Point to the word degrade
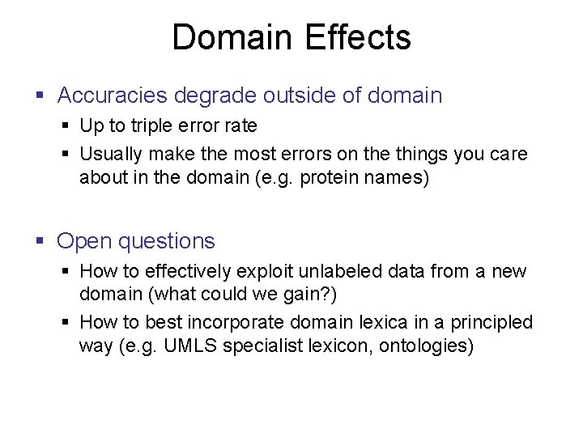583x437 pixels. pos(219,95)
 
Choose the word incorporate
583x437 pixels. pos(236,322)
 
